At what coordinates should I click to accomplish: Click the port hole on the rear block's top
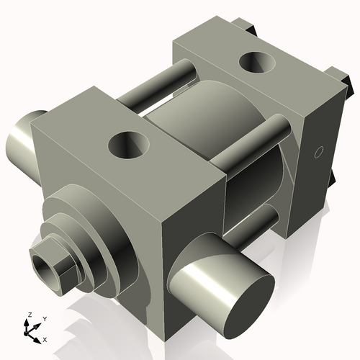click(x=258, y=63)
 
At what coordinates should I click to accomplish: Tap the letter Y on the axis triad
click(x=44, y=318)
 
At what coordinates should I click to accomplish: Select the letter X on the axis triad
click(x=45, y=338)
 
